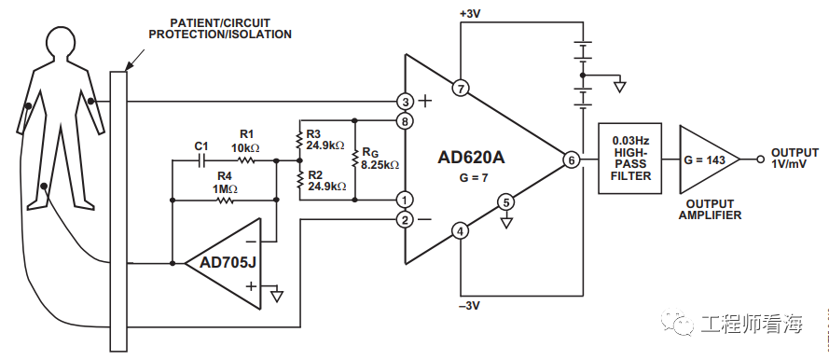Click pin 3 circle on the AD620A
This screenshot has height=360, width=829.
[405, 101]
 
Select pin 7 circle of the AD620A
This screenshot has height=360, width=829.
[459, 89]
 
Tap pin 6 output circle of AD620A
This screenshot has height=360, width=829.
[572, 160]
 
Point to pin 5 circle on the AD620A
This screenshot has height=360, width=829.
[504, 201]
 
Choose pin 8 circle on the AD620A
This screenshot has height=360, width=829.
[405, 121]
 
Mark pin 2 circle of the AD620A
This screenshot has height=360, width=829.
[405, 220]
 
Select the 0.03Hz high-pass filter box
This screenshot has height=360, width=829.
[624, 159]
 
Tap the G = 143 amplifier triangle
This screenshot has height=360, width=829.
[705, 159]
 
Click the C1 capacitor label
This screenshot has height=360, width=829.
[200, 146]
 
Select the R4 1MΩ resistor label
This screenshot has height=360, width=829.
[224, 182]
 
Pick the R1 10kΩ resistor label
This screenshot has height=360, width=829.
[246, 141]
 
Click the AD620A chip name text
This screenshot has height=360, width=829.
[471, 158]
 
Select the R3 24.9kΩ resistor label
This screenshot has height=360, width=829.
[325, 140]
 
